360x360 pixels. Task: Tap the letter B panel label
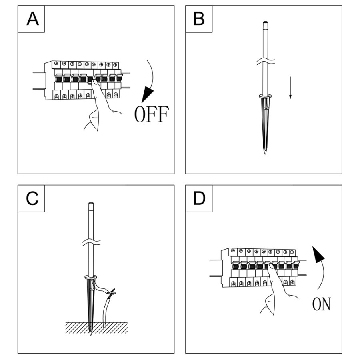[199, 19]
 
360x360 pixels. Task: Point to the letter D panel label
[199, 198]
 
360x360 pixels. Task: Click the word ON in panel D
[321, 304]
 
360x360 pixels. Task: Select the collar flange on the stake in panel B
[264, 96]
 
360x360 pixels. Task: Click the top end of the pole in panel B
[264, 23]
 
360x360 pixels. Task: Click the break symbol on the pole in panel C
[90, 243]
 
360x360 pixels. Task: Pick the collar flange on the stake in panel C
[90, 277]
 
